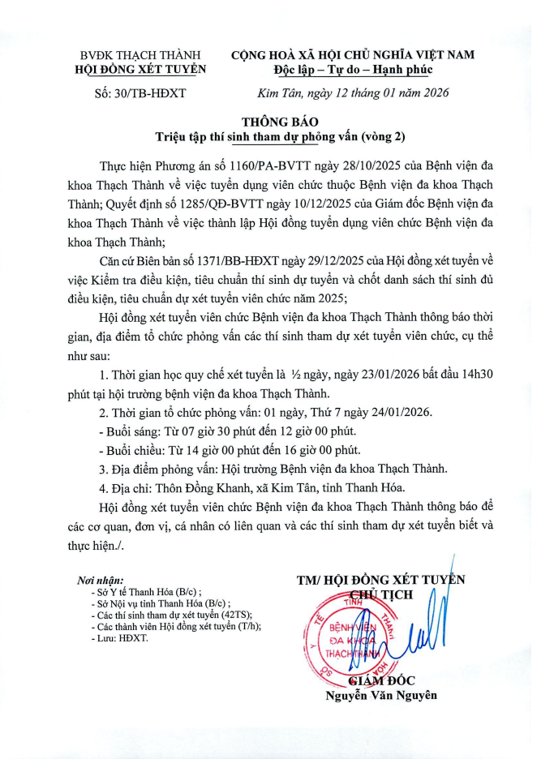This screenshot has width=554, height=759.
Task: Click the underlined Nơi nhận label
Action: (100, 581)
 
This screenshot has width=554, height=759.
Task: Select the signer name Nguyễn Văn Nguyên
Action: (380, 695)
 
